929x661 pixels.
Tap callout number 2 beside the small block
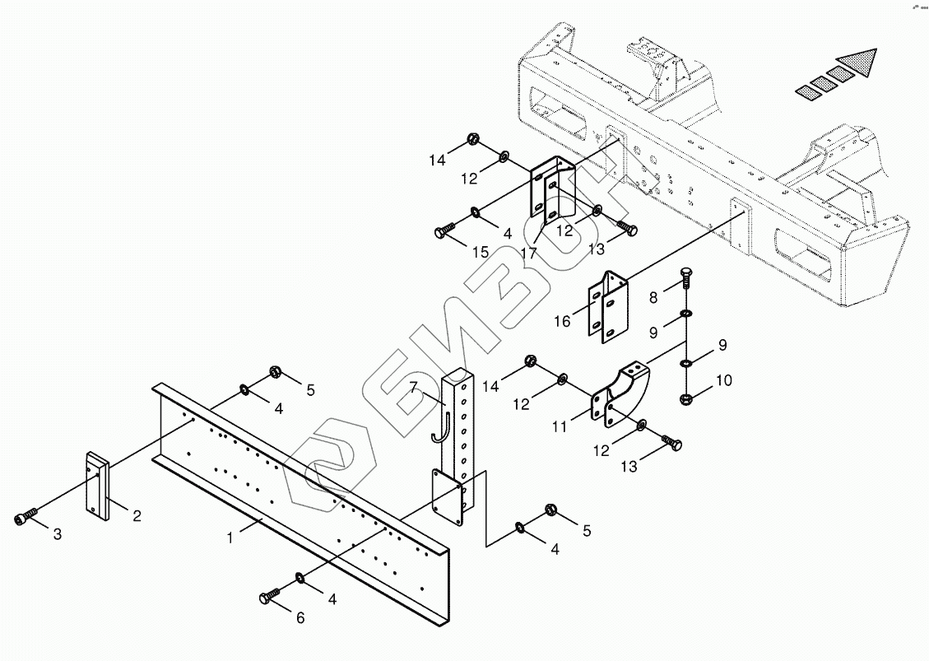pyautogui.click(x=137, y=516)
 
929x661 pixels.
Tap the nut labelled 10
pyautogui.click(x=685, y=400)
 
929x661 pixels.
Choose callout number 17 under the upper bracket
pyautogui.click(x=528, y=254)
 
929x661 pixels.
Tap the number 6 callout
pyautogui.click(x=300, y=617)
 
